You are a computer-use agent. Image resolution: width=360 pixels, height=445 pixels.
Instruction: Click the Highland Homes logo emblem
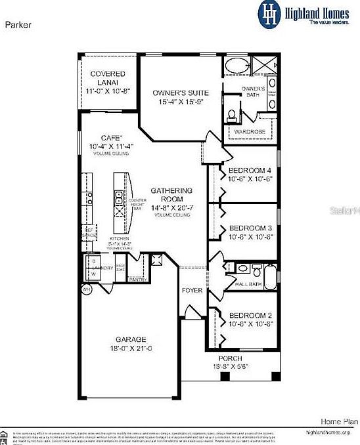[269, 13]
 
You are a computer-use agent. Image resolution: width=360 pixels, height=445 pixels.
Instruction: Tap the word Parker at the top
[17, 24]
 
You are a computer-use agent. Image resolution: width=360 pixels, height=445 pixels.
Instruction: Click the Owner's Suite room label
[176, 93]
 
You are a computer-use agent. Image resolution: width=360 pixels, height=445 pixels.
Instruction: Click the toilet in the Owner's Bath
[232, 116]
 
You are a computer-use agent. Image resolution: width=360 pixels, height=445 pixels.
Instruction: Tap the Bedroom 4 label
[250, 171]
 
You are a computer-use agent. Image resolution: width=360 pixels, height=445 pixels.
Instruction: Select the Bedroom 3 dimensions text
[250, 238]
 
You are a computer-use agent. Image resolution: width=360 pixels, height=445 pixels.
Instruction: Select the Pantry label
[137, 280]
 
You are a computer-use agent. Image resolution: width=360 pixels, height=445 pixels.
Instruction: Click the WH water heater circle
[85, 289]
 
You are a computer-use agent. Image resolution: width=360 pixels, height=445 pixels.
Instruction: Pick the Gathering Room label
[171, 195]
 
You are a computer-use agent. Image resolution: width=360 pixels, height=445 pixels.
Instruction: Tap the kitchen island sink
[119, 195]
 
